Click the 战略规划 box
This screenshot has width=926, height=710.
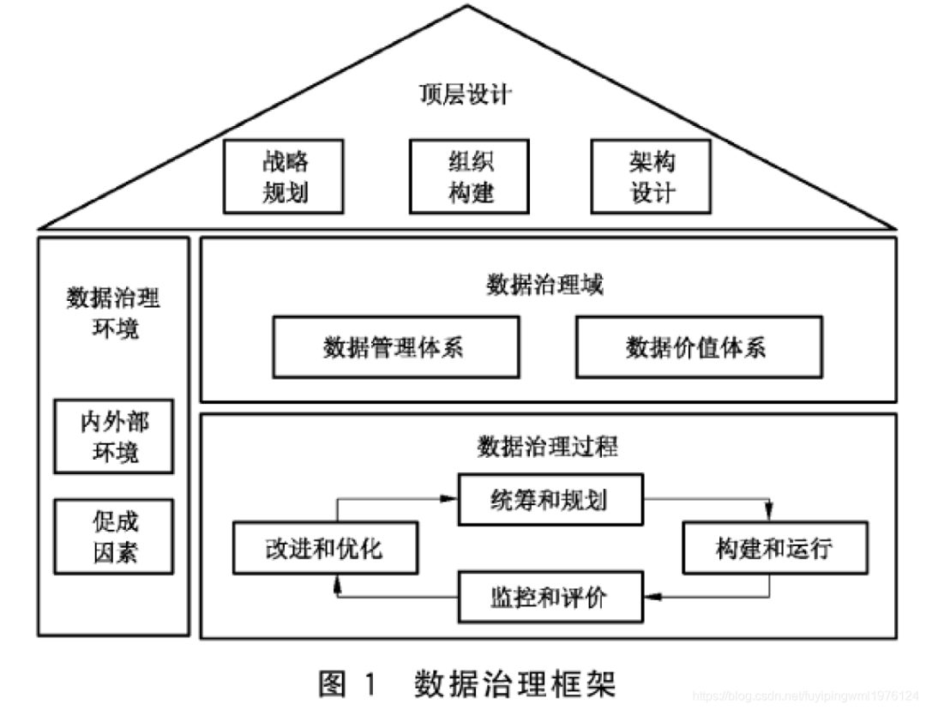point(283,177)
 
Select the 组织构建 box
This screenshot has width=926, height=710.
point(469,177)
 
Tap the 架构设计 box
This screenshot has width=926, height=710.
point(652,177)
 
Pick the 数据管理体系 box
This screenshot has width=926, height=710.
point(395,346)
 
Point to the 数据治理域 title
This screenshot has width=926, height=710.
point(545,285)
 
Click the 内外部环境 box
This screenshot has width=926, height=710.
point(113,436)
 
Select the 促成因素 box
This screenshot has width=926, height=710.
point(113,536)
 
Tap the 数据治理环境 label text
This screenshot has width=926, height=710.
point(113,312)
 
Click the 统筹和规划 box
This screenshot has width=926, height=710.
point(550,499)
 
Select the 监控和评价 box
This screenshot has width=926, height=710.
point(550,597)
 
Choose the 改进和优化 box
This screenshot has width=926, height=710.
point(325,548)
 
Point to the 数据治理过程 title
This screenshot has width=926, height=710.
point(547,447)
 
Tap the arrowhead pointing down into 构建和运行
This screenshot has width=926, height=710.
point(769,517)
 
